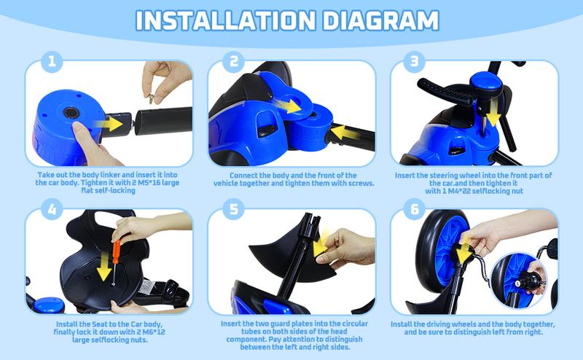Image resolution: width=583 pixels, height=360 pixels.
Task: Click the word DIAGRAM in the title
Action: tap(380, 20)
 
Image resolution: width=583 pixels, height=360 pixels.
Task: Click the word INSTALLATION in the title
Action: tap(225, 20)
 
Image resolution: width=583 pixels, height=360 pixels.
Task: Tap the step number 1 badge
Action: tap(52, 61)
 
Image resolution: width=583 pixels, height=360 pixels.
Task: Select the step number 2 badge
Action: tap(233, 61)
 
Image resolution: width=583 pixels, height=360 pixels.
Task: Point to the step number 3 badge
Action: tap(414, 61)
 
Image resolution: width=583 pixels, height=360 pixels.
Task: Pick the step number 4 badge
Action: tap(52, 209)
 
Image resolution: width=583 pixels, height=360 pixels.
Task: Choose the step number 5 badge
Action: tap(233, 209)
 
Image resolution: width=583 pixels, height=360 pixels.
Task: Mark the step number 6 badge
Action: tap(414, 209)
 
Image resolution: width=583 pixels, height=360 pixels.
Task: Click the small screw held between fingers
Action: tap(152, 99)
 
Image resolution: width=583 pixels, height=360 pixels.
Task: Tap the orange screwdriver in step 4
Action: tap(116, 260)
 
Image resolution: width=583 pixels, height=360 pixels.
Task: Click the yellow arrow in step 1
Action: tap(108, 124)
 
